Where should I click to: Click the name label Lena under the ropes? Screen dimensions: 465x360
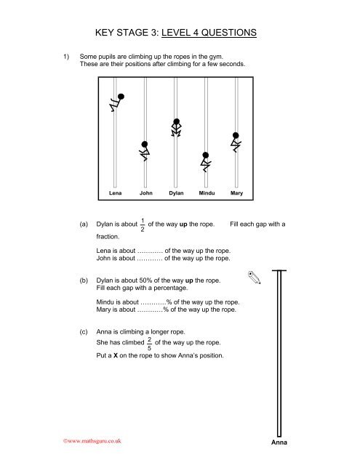coord(115,194)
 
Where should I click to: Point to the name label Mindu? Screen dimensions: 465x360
coord(206,194)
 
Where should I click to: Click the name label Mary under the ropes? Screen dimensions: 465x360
coord(236,194)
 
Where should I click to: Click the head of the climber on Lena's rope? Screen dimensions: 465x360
coord(121,96)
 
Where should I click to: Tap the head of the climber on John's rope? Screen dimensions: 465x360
coord(145,145)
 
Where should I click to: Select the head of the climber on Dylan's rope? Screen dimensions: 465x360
coord(176,121)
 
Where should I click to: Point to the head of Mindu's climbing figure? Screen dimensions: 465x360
coord(206,155)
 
